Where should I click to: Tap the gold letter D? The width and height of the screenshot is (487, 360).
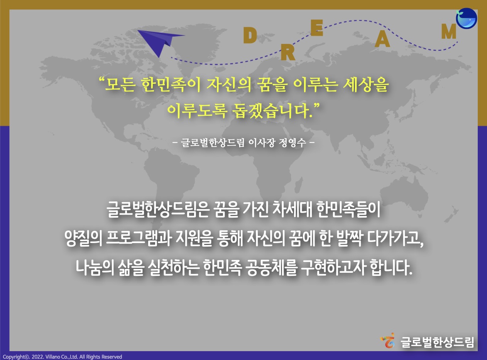[x=250, y=36]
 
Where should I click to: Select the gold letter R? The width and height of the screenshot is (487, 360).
[x=288, y=53]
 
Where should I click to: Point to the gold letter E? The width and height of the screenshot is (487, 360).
[x=317, y=28]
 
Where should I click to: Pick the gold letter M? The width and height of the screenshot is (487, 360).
[x=449, y=31]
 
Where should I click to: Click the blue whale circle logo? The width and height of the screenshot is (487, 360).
[x=467, y=18]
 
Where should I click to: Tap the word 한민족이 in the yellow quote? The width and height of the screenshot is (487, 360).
[x=171, y=85]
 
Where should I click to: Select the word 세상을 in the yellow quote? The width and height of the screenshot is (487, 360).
[x=365, y=85]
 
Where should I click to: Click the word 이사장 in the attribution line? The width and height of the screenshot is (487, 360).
[x=262, y=143]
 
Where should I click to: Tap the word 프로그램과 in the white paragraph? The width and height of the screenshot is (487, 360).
[x=139, y=238]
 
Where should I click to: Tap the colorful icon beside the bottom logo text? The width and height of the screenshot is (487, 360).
[x=388, y=340]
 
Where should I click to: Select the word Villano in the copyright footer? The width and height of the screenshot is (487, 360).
[x=52, y=357]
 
